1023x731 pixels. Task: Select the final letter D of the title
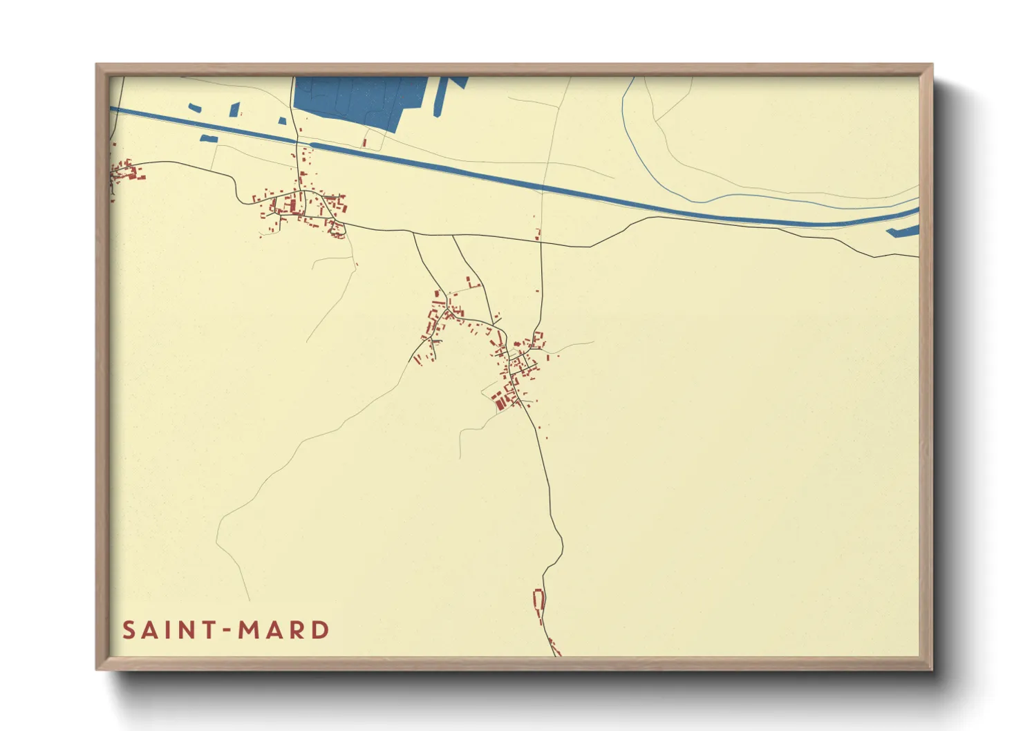click(x=320, y=630)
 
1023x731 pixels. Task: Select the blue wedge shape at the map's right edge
click(x=905, y=231)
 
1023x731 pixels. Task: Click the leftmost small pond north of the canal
click(x=196, y=108)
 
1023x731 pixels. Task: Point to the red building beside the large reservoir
click(x=364, y=143)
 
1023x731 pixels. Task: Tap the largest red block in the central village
click(x=498, y=398)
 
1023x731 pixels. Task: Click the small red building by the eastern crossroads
click(x=537, y=235)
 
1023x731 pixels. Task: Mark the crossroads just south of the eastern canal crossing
click(x=541, y=243)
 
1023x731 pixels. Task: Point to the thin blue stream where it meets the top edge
click(x=631, y=78)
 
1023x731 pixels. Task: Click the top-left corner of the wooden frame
click(x=97, y=65)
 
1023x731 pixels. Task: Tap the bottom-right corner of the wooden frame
click(x=931, y=669)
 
